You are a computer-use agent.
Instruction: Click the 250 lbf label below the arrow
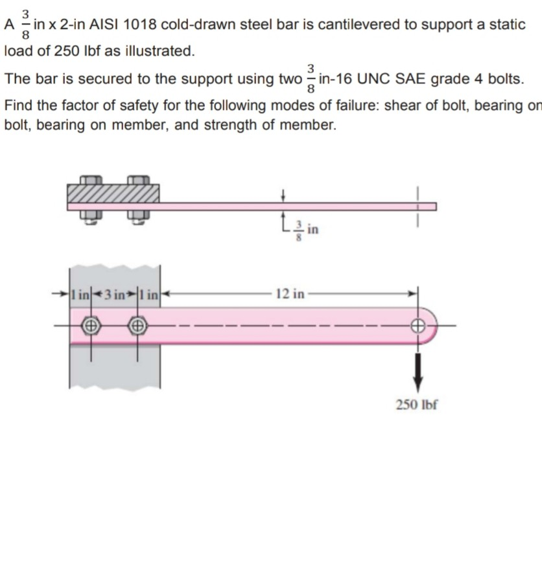point(417,405)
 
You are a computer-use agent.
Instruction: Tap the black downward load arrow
point(418,368)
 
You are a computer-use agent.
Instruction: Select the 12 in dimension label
point(289,294)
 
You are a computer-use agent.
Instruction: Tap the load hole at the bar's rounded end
point(418,326)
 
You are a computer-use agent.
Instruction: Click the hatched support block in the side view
point(113,192)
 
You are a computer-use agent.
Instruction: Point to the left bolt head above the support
point(91,179)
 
